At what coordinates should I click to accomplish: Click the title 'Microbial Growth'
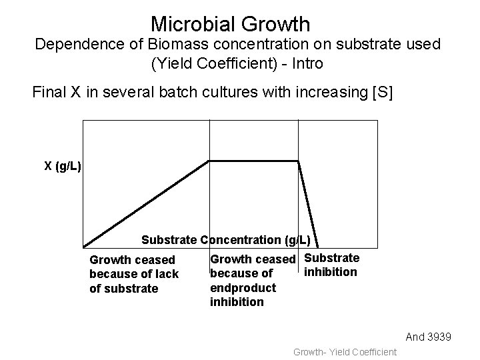[x=230, y=24]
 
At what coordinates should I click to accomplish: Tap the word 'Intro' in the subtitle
[x=305, y=65]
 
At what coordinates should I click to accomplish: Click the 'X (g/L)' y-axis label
[x=63, y=166]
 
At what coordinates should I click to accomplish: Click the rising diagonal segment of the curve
[x=147, y=204]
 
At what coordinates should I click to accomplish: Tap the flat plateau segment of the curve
[x=253, y=161]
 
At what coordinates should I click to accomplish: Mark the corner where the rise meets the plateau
[x=209, y=161]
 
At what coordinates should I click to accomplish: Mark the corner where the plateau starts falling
[x=298, y=161]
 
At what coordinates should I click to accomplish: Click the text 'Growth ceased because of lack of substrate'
[x=133, y=274]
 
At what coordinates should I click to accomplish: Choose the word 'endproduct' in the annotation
[x=243, y=288]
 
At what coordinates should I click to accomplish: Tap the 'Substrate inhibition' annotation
[x=331, y=265]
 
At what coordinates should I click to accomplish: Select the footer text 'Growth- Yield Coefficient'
[x=345, y=351]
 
